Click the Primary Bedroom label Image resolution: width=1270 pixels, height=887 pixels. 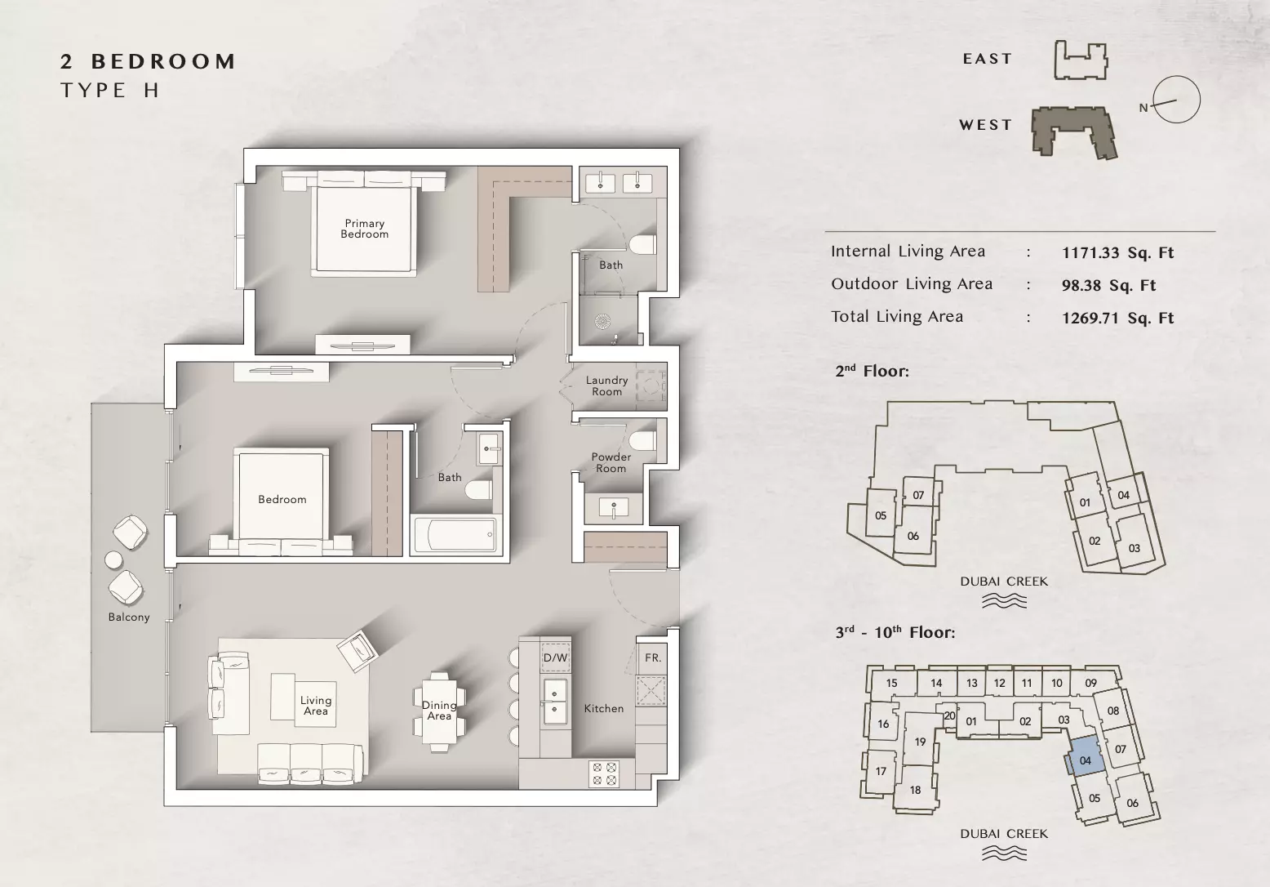365,229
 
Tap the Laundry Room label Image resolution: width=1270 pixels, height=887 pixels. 606,386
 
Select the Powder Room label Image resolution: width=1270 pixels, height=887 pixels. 611,462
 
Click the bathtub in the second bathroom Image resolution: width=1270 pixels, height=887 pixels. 455,535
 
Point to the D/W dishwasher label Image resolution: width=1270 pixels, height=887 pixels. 555,657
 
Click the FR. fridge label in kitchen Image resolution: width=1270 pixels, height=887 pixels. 653,657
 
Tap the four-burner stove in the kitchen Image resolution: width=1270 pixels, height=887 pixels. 604,774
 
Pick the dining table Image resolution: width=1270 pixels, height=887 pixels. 439,711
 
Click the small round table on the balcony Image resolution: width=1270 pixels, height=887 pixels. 114,559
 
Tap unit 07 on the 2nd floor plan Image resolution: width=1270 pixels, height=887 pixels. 918,495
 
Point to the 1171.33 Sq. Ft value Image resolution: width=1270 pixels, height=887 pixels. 1117,252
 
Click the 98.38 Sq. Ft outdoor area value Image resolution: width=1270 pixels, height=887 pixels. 1108,285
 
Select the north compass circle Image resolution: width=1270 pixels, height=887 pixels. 1176,100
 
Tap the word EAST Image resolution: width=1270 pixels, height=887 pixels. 987,59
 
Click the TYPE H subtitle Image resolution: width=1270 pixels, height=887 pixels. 110,90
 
